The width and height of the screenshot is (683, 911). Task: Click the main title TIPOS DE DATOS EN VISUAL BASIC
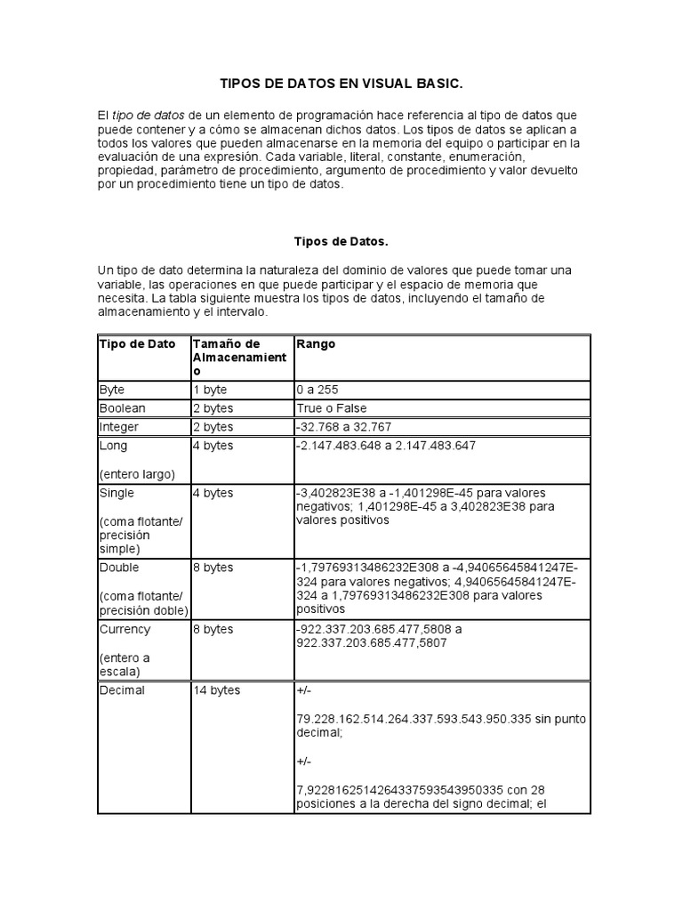(341, 84)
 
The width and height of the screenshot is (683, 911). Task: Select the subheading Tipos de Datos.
(341, 241)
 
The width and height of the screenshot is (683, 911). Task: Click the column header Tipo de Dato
(138, 344)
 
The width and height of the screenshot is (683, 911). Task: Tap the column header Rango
(317, 344)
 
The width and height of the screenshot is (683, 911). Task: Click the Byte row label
(113, 390)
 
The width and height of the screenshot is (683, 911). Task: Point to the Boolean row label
(123, 408)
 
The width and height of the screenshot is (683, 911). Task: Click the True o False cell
(332, 408)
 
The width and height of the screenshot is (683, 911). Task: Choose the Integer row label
(120, 427)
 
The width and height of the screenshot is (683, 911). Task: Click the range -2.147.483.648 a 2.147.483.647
(386, 446)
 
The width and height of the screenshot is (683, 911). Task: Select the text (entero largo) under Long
(138, 472)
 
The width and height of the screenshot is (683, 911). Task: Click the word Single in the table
(117, 492)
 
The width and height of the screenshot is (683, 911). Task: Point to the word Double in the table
(120, 568)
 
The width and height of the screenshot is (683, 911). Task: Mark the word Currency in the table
(125, 629)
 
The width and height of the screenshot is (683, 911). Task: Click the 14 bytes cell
(216, 690)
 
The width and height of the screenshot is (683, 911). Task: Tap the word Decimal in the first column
(123, 690)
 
